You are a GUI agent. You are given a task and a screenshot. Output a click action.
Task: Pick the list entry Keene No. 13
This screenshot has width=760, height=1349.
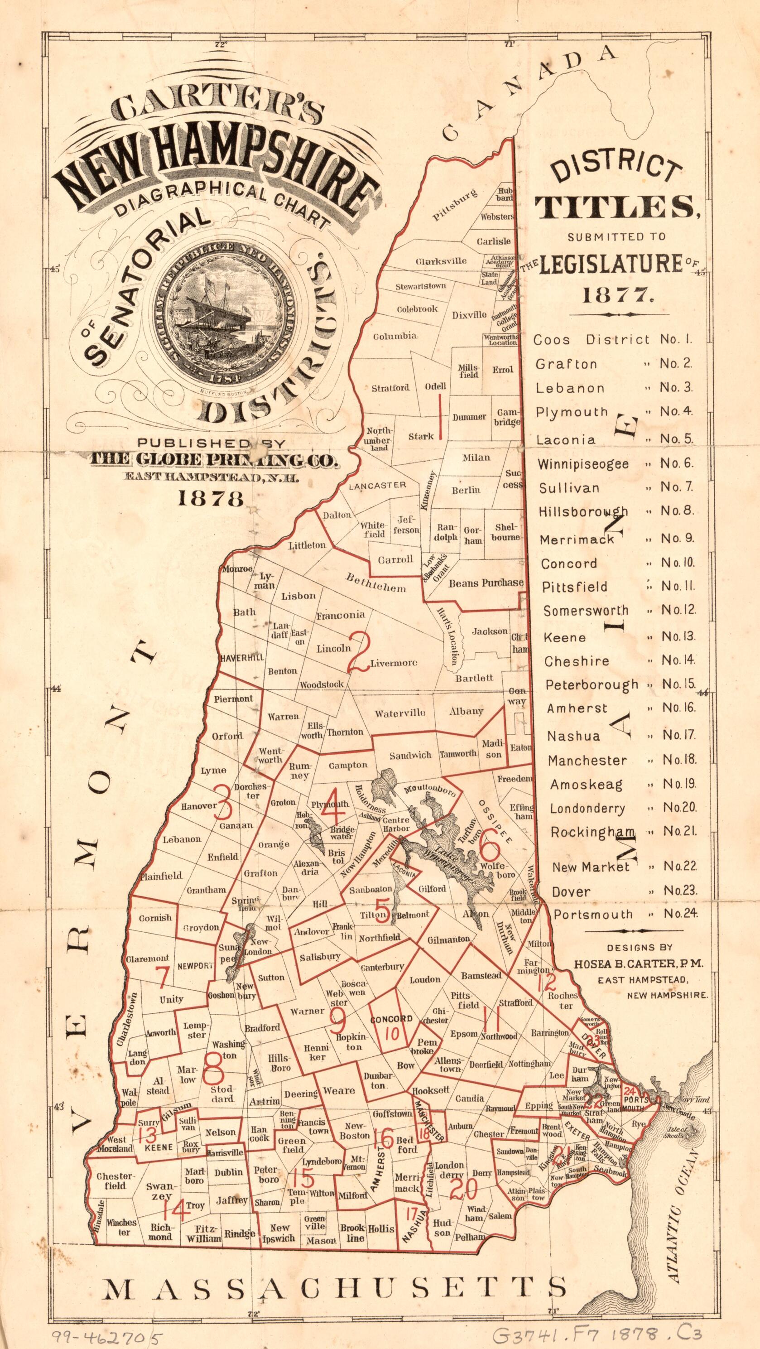618,637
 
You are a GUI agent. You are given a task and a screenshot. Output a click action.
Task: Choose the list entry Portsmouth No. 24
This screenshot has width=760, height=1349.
626,914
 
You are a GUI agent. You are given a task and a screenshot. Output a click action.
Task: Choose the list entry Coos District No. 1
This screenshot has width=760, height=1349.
613,339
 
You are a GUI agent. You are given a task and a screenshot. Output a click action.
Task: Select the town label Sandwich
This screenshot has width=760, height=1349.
410,755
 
